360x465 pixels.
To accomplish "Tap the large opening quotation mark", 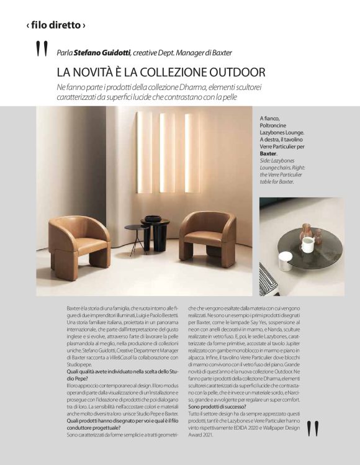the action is [42, 49].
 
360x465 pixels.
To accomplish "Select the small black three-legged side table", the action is [135, 236].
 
